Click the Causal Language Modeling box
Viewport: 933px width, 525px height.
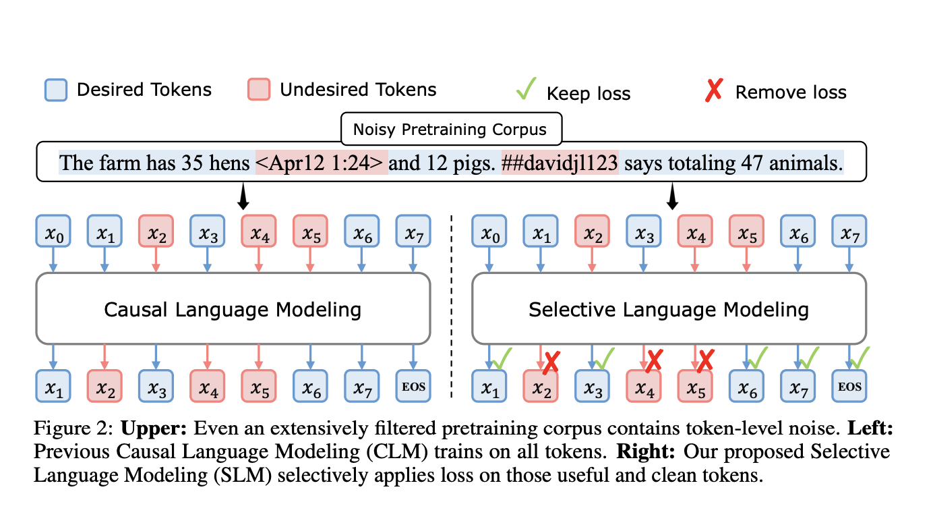pos(233,308)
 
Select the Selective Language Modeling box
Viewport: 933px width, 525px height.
pos(669,308)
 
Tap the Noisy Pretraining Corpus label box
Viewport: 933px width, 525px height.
pos(451,129)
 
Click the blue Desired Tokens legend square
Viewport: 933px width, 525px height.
pos(56,90)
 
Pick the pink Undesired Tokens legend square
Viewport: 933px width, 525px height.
pos(259,90)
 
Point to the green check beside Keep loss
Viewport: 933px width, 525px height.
pos(526,88)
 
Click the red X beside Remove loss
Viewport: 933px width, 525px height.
pos(714,90)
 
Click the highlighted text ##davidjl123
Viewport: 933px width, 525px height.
pos(560,163)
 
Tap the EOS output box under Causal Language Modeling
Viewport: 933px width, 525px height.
pos(413,386)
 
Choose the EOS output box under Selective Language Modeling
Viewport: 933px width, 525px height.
pos(849,386)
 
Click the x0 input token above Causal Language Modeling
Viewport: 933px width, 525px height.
pos(53,231)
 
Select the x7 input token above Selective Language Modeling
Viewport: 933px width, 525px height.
pos(849,231)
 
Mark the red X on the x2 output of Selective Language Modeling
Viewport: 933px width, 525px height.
pos(551,362)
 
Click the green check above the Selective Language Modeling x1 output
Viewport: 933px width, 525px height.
pos(502,358)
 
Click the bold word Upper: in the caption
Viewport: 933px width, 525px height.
pos(153,429)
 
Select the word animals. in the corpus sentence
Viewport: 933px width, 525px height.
pos(806,163)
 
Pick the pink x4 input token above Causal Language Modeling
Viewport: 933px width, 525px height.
pos(259,231)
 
